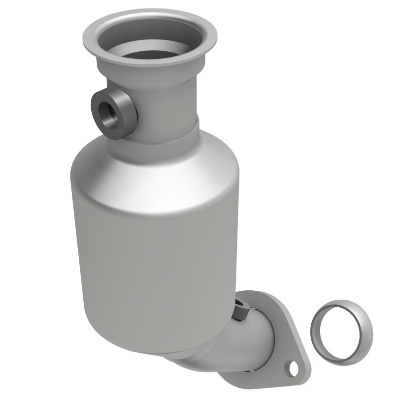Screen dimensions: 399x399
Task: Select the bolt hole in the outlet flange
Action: point(292,369)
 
